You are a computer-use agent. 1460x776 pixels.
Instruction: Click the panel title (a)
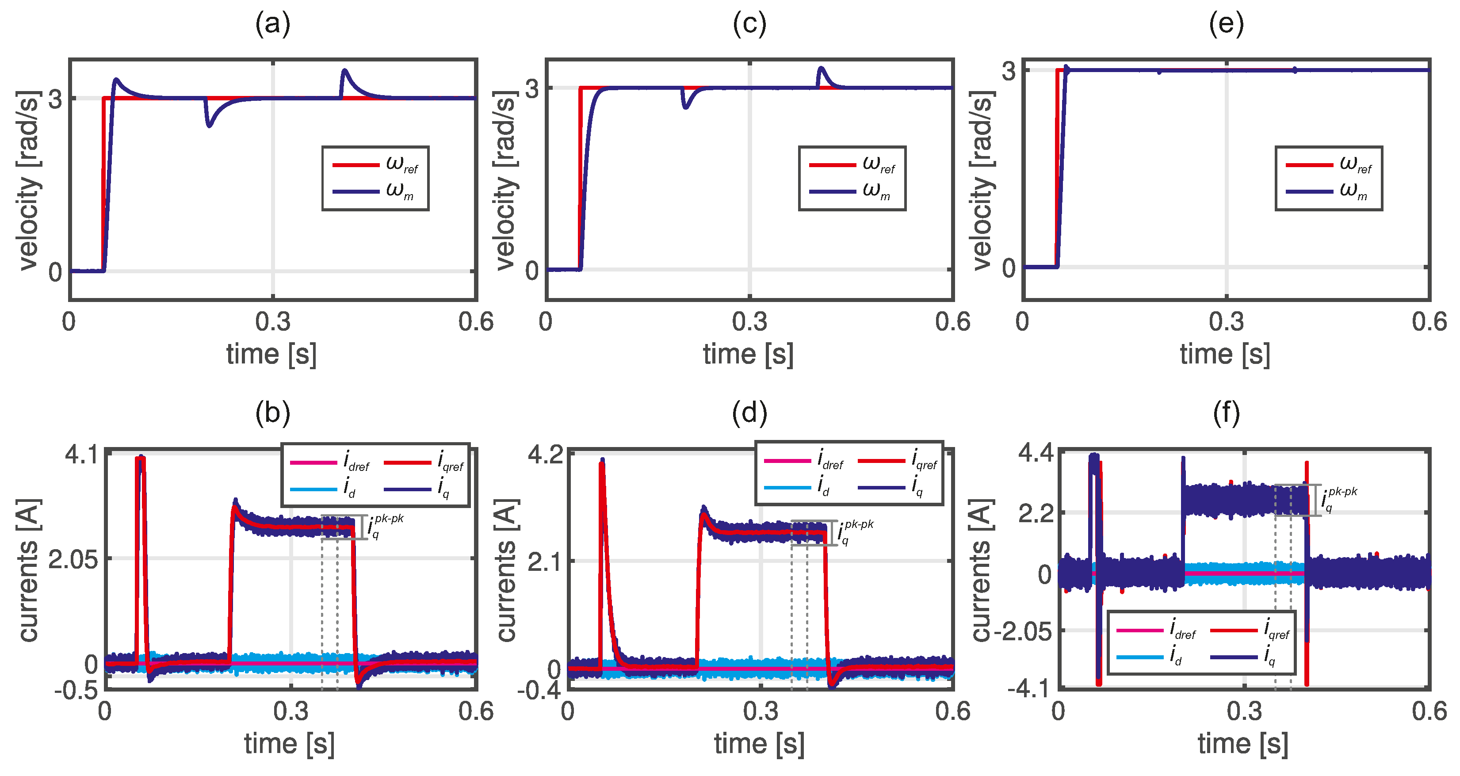(273, 24)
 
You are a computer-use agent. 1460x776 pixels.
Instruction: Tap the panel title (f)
(1227, 413)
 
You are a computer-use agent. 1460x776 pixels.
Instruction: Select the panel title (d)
(749, 413)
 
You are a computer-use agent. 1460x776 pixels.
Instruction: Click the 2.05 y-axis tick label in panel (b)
(73, 559)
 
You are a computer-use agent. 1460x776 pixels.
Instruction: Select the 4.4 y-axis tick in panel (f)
(1036, 454)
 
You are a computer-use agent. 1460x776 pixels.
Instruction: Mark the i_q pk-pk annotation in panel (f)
(1339, 499)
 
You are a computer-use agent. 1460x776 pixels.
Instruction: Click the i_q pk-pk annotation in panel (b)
(386, 526)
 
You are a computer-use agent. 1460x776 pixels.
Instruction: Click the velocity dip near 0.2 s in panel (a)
(209, 124)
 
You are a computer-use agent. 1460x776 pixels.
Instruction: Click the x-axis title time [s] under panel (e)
(1225, 355)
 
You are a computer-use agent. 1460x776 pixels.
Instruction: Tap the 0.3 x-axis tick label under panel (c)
(749, 322)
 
